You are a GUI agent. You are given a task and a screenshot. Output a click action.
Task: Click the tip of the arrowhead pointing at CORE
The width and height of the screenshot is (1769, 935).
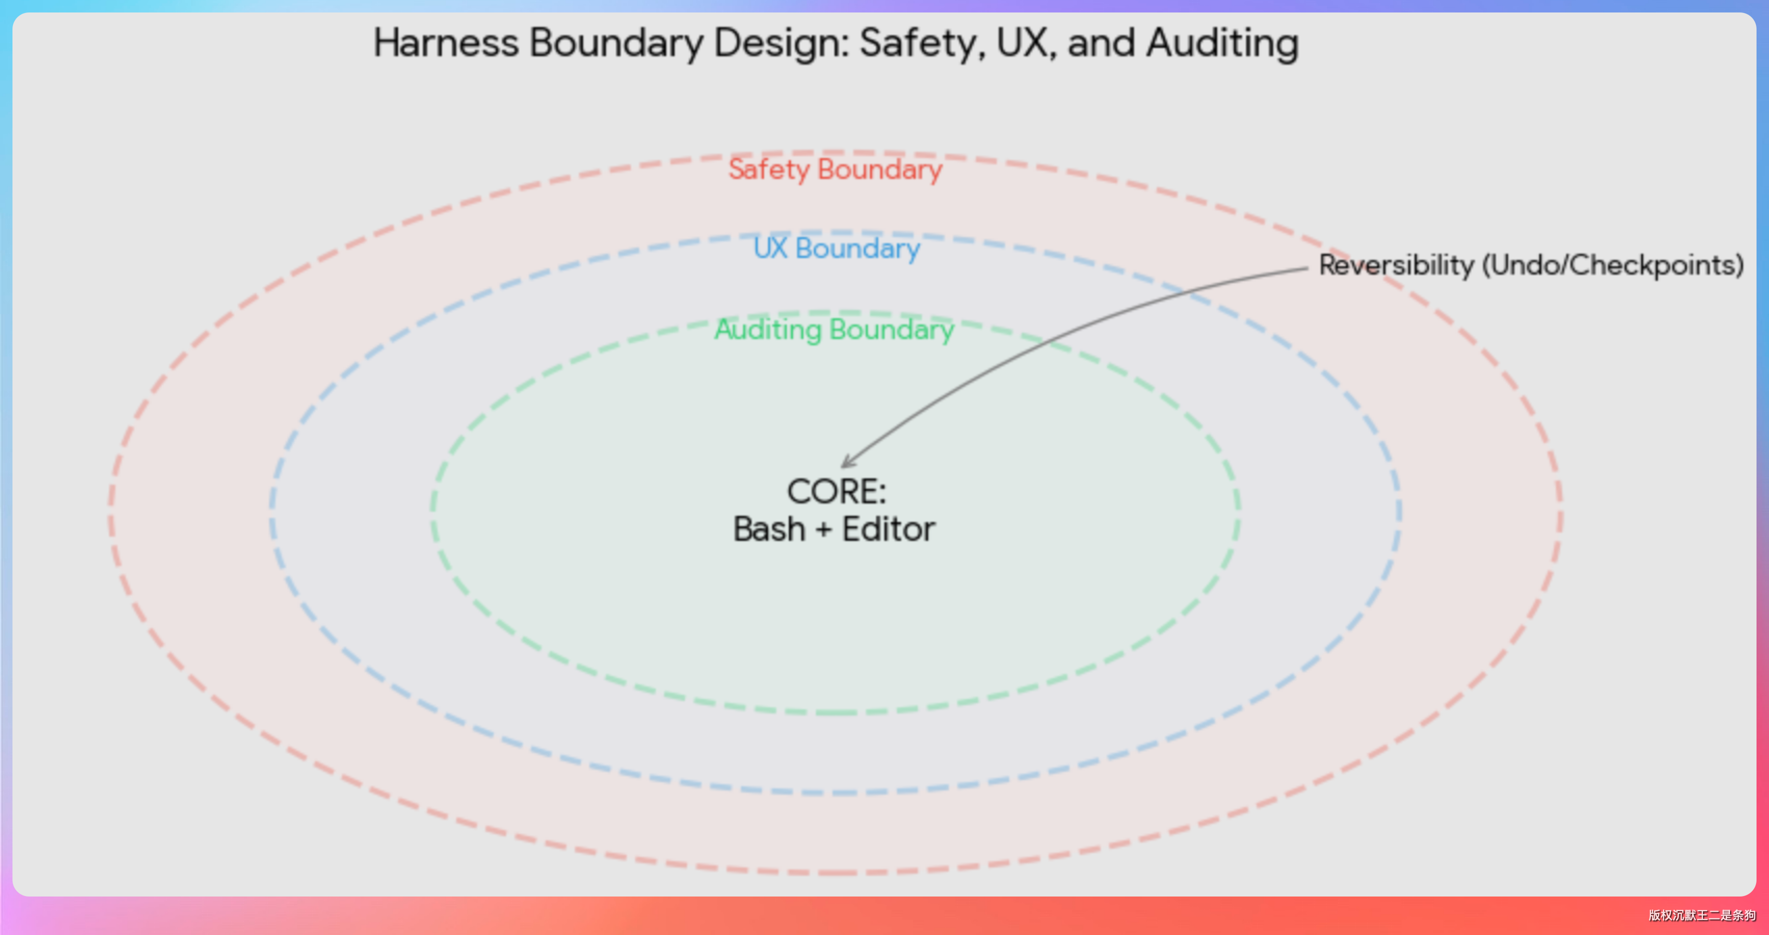coord(842,467)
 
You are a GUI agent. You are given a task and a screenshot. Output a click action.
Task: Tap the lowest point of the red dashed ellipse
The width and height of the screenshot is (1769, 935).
coord(836,873)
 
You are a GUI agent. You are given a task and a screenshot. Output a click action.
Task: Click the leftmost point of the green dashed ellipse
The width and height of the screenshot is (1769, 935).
coord(432,512)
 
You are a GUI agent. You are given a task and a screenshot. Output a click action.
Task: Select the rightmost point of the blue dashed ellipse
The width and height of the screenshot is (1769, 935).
coord(1400,512)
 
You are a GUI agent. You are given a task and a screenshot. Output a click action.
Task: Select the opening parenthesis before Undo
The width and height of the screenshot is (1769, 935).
coord(1487,265)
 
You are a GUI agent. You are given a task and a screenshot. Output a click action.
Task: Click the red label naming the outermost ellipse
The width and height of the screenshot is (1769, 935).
coord(836,170)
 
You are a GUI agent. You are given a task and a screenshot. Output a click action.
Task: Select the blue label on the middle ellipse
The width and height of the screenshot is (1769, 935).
coord(837,248)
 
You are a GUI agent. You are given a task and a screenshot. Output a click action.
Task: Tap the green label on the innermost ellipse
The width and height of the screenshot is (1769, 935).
coord(835,330)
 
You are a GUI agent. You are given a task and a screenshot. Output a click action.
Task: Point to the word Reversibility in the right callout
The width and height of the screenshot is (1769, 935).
coord(1396,265)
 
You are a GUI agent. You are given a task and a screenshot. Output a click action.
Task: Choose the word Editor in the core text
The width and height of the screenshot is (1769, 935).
coord(889,530)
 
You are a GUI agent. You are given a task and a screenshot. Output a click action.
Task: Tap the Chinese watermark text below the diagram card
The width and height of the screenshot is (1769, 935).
coord(1701,915)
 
